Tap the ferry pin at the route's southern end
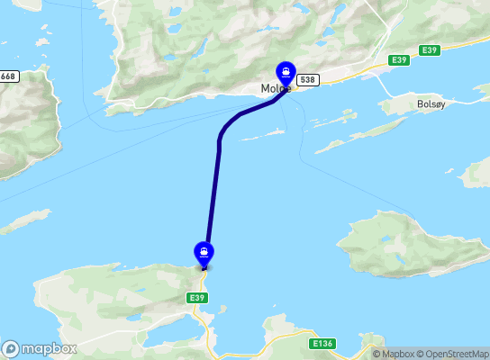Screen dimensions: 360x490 coord(204,253)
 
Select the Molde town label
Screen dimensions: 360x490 coord(275,89)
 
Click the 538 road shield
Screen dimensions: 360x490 coord(307,80)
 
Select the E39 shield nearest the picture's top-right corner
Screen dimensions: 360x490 coord(429,50)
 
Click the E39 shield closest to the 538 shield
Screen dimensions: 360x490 coord(399,59)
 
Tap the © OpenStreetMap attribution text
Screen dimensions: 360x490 coord(449,354)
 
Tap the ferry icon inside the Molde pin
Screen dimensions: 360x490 coord(286,71)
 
